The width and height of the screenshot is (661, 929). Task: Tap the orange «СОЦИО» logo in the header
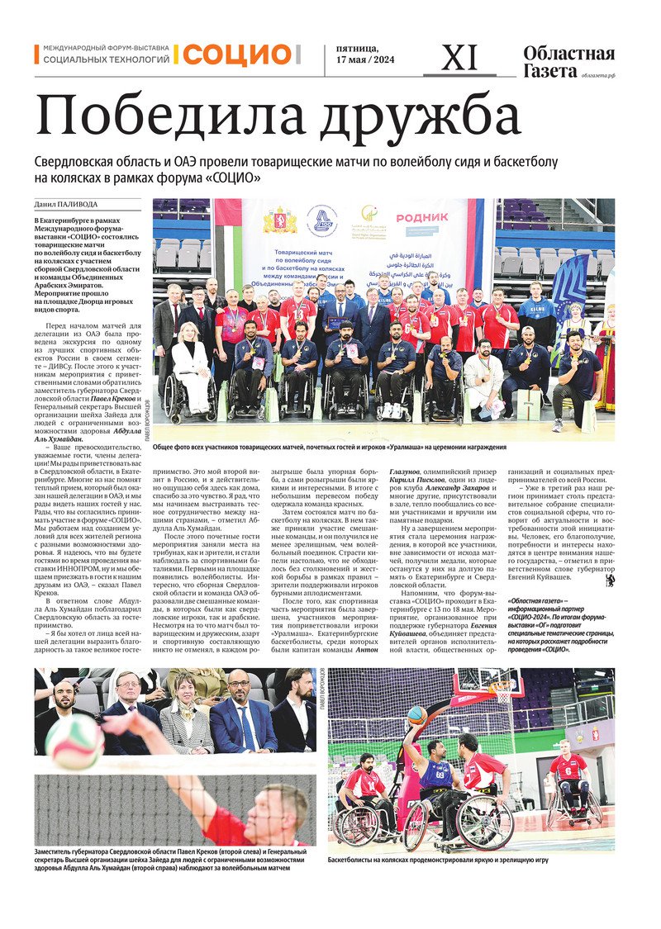click(x=237, y=55)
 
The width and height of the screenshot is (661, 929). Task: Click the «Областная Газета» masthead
click(x=568, y=61)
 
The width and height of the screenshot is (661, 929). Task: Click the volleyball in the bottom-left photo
click(x=74, y=741)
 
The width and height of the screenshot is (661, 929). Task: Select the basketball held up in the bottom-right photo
click(x=417, y=715)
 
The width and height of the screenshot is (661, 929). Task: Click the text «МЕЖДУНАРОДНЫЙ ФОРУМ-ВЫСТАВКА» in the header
click(x=105, y=49)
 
